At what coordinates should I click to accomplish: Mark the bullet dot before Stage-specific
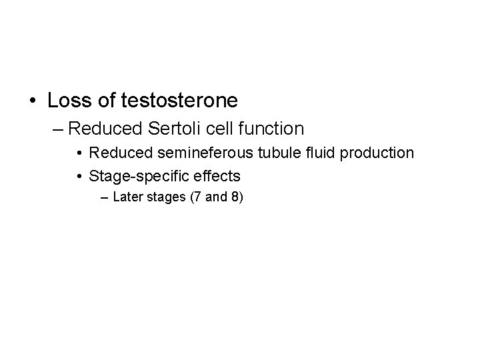pos(79,177)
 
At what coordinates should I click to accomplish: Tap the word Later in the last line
pos(127,197)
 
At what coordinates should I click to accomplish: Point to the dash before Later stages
pos(105,198)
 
